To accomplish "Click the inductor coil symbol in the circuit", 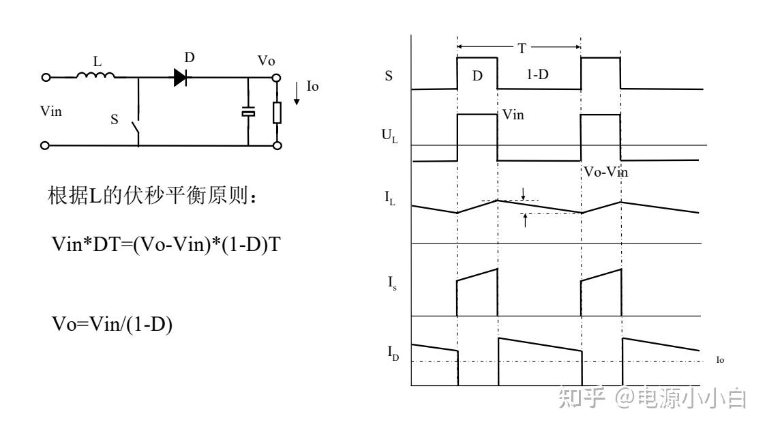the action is (x=95, y=75).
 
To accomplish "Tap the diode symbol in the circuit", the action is (x=181, y=77).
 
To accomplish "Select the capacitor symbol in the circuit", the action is (x=248, y=112).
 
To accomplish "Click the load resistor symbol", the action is (x=277, y=113).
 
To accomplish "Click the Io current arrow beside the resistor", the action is (x=297, y=93).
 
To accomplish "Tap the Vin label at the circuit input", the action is (x=51, y=112).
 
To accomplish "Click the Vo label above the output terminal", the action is (x=266, y=61).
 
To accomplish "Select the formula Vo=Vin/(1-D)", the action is (x=112, y=325).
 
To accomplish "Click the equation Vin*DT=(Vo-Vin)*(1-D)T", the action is (x=166, y=244).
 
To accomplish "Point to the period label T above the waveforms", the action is (x=522, y=48).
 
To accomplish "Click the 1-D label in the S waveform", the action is (x=538, y=74).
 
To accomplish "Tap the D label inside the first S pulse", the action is (x=477, y=76).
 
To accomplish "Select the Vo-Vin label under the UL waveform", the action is (x=605, y=172).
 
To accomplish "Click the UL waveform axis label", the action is (x=389, y=136).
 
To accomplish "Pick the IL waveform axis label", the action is (x=389, y=198).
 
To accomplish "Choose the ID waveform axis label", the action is (x=393, y=353).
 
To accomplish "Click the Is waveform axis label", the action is (x=392, y=283).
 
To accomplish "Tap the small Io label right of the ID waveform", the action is (x=720, y=360).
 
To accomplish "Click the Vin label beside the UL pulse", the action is (x=513, y=115).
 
